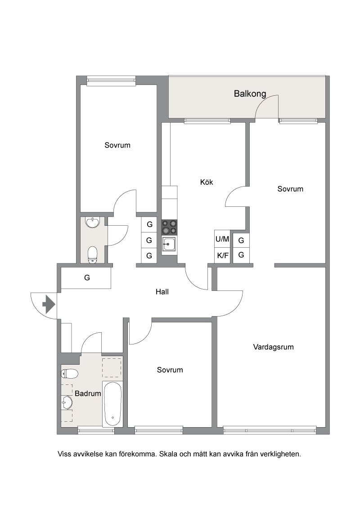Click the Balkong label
coord(250,94)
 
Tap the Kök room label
coord(206,182)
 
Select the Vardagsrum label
coord(273,347)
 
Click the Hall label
coord(162,292)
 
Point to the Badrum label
coord(88,393)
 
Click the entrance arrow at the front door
coord(49,304)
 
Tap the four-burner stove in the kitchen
coord(170,227)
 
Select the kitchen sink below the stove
coord(169,244)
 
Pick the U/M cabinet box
coord(222,239)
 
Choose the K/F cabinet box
coord(222,255)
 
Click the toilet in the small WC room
coord(93,254)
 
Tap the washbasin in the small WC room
coord(92,222)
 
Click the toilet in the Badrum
coord(70,374)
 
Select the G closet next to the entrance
coord(86,278)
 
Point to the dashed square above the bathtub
coord(112,367)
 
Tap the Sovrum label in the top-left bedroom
coord(117,145)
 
